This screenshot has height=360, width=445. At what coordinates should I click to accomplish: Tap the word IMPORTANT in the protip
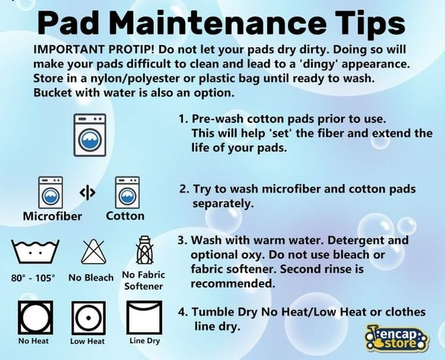tap(70, 49)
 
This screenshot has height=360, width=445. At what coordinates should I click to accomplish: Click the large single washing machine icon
tap(90, 135)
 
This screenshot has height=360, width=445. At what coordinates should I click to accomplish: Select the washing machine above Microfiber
tap(51, 193)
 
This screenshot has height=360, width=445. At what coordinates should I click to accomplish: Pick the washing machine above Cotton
tap(127, 193)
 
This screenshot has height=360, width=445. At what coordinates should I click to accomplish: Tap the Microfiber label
tap(53, 216)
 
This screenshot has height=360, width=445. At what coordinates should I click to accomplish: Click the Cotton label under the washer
tap(125, 216)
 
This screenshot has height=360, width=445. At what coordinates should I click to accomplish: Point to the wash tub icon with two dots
tap(35, 251)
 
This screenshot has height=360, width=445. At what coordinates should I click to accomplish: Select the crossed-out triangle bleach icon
tap(94, 252)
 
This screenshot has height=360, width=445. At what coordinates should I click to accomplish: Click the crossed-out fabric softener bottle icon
tap(145, 250)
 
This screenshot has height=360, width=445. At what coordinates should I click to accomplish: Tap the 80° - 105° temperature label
tap(33, 278)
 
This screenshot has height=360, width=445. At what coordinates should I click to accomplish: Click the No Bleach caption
tap(91, 277)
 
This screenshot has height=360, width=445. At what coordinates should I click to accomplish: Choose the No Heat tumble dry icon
tap(35, 318)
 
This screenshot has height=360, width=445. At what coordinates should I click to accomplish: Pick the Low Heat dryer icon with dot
tap(88, 318)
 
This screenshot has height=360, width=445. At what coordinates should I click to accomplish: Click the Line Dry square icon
tap(145, 318)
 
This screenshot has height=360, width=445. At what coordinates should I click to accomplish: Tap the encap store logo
tap(397, 338)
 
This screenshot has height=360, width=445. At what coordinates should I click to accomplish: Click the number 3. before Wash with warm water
tap(182, 240)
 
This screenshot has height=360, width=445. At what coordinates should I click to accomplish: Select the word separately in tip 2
tap(223, 204)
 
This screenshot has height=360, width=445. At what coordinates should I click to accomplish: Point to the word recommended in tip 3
tap(233, 284)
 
